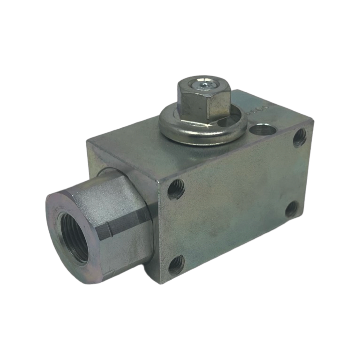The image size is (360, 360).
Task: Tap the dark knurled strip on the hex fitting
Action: [x=127, y=224]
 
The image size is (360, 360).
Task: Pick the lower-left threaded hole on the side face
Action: [x=176, y=265]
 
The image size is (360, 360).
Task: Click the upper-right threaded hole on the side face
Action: [x=299, y=138]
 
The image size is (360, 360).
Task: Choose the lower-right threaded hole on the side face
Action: [x=291, y=209]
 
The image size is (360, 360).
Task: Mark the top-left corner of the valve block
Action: [x=87, y=142]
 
